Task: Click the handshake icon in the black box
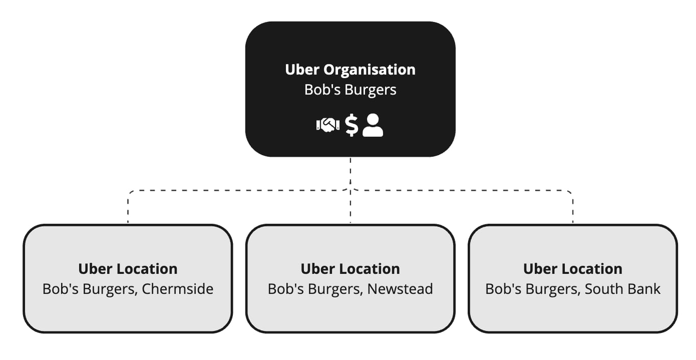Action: click(x=327, y=125)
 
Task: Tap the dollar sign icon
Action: click(x=351, y=125)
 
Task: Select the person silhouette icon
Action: click(x=373, y=125)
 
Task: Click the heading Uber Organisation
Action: click(x=350, y=69)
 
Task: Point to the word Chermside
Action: click(x=177, y=289)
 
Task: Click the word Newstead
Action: click(x=400, y=289)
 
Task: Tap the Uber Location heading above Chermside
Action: click(x=128, y=269)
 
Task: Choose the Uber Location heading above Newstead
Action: click(x=350, y=269)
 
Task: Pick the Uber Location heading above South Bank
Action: click(x=573, y=269)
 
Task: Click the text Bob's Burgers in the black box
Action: click(x=350, y=90)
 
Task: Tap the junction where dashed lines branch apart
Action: click(x=350, y=190)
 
